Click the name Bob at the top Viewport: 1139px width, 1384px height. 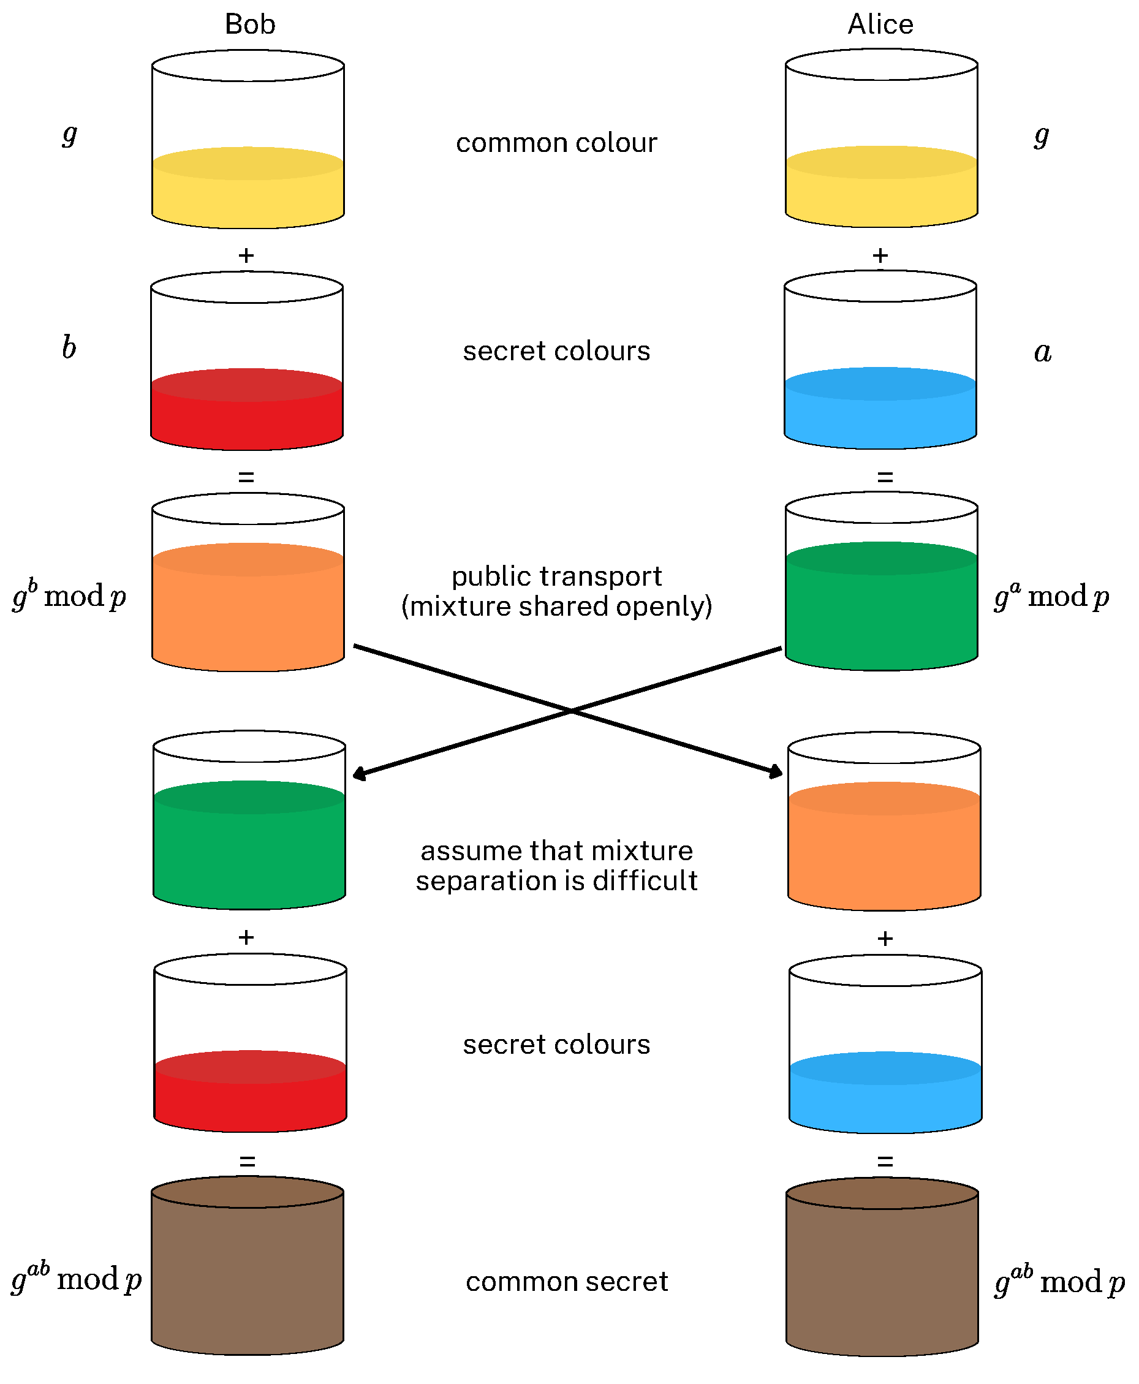(249, 25)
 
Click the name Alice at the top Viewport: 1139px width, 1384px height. (880, 25)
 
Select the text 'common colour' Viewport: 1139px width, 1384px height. (556, 143)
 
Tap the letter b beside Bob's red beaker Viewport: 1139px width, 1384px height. (69, 347)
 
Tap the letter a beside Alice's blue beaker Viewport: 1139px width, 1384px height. (1043, 352)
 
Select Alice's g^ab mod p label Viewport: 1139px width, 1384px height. (1059, 1280)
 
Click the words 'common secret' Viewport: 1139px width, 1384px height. (567, 1281)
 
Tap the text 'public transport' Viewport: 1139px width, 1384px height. (556, 577)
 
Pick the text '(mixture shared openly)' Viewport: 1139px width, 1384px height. (556, 606)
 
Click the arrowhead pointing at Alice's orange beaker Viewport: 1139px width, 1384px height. (777, 772)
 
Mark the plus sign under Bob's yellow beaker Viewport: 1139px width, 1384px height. (246, 255)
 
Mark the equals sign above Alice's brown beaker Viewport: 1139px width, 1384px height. (885, 1162)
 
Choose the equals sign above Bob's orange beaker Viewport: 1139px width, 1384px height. (246, 476)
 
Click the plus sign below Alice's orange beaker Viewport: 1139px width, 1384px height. (885, 939)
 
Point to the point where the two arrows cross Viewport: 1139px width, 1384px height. (570, 710)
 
